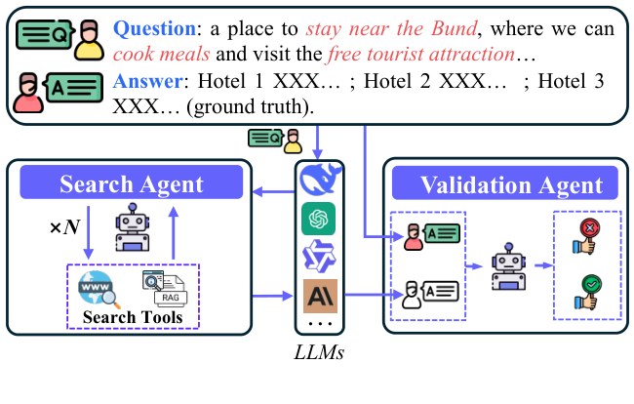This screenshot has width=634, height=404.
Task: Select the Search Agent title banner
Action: [131, 184]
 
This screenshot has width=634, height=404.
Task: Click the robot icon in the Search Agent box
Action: [133, 227]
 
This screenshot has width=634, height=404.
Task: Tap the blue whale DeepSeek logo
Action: [318, 181]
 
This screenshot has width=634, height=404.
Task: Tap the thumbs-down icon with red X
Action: [588, 235]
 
